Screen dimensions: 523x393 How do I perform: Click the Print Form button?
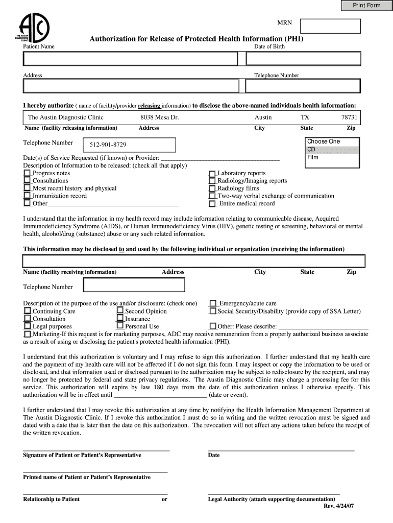pyautogui.click(x=366, y=6)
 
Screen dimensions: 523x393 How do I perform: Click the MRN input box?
pyautogui.click(x=330, y=26)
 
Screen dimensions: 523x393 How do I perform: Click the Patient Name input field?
pyautogui.click(x=130, y=59)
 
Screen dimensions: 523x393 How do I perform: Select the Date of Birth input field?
pyautogui.click(x=303, y=59)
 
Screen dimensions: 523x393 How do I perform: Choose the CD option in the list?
pyautogui.click(x=332, y=150)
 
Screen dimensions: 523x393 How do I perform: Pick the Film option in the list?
pyautogui.click(x=332, y=157)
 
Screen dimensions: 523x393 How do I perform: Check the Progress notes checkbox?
pyautogui.click(x=27, y=173)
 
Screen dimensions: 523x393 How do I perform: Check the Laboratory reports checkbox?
pyautogui.click(x=212, y=174)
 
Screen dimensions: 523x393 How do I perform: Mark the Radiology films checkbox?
pyautogui.click(x=212, y=188)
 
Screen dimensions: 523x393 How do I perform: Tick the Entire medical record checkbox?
pyautogui.click(x=212, y=203)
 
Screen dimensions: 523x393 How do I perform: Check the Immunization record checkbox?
pyautogui.click(x=27, y=196)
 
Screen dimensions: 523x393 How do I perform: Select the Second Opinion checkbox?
pyautogui.click(x=120, y=311)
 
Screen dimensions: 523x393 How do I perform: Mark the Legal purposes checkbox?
pyautogui.click(x=27, y=326)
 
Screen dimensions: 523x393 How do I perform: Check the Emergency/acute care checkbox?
pyautogui.click(x=213, y=303)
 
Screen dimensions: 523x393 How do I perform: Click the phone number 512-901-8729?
pyautogui.click(x=108, y=145)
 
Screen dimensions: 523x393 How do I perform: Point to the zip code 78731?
pyautogui.click(x=349, y=117)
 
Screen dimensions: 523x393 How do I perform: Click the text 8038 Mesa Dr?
pyautogui.click(x=160, y=117)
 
